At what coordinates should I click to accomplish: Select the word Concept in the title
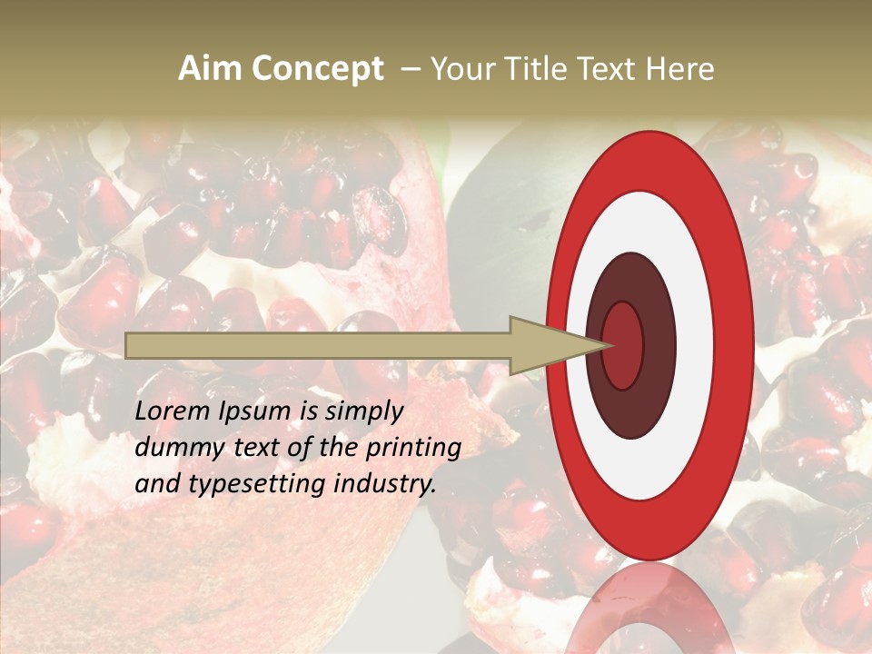(317, 69)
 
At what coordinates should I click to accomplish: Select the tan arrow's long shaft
(318, 345)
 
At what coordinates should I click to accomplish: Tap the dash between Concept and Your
(410, 69)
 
